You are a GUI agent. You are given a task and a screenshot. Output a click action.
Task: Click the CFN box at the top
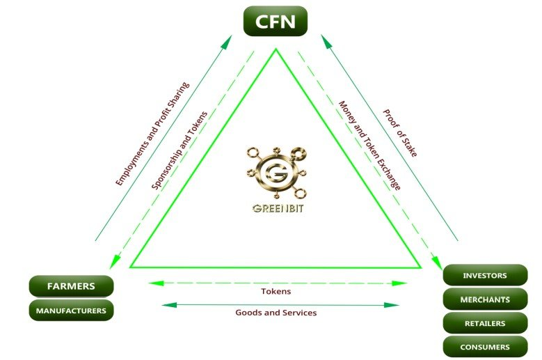275,22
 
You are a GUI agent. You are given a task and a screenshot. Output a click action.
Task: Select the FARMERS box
71,285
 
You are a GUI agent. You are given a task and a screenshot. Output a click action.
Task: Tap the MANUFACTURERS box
71,311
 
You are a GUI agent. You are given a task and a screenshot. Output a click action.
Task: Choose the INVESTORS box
485,276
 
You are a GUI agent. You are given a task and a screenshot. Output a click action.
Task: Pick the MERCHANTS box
485,299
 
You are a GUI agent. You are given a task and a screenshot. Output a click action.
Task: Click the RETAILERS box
485,323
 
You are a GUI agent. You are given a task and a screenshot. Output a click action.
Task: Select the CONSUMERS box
485,347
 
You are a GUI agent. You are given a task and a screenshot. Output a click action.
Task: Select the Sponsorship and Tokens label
180,150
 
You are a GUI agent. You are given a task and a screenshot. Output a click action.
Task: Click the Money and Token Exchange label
369,146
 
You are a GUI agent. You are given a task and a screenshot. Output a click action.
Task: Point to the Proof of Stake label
400,132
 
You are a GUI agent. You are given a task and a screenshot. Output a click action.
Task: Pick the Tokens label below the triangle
276,291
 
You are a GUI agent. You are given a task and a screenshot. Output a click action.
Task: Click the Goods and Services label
276,313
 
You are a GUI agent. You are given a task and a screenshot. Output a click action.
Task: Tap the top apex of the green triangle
276,49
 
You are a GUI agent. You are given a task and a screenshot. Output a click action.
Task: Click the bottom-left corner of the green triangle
131,267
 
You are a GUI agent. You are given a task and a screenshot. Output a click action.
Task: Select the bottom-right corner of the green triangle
420,267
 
